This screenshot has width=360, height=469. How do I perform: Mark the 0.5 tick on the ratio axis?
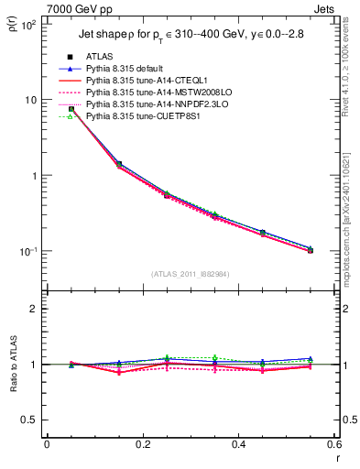31,420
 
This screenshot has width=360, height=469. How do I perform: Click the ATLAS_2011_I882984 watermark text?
191,273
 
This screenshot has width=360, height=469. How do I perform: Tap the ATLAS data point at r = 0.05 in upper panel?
71,109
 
